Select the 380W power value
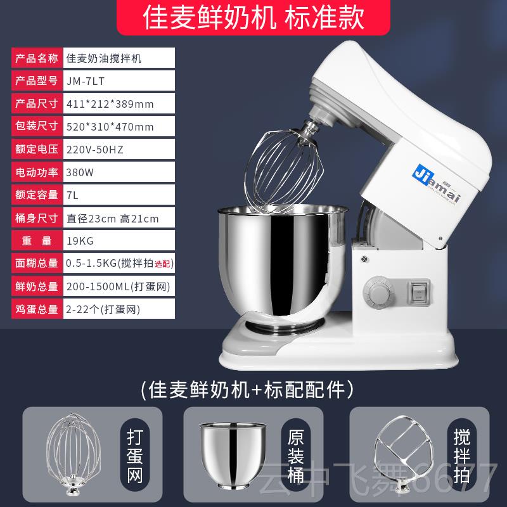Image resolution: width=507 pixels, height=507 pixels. pyautogui.click(x=77, y=172)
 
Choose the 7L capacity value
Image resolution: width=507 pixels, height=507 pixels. pyautogui.click(x=72, y=195)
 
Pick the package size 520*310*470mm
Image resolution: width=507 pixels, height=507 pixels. pyautogui.click(x=110, y=126)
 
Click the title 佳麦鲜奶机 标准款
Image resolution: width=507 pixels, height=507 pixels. pyautogui.click(x=253, y=18)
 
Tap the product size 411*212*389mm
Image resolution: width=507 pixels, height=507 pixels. pyautogui.click(x=110, y=103)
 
